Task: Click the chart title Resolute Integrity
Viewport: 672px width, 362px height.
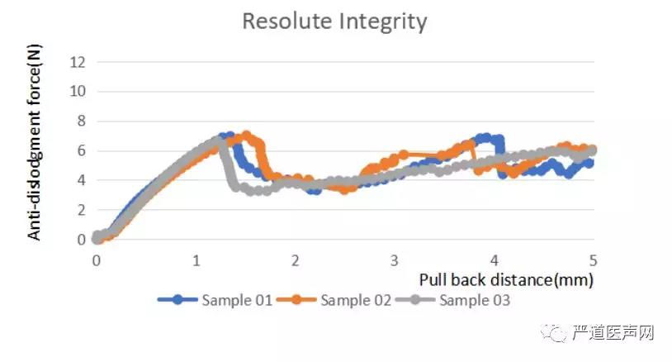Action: (x=334, y=21)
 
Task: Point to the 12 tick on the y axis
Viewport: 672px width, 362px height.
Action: (x=79, y=61)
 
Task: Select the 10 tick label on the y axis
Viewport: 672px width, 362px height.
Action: (x=79, y=91)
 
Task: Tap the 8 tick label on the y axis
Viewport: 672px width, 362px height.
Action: (x=81, y=121)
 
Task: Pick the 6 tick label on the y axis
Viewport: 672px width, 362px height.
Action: (x=81, y=150)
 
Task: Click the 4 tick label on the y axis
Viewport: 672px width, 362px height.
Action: (x=81, y=180)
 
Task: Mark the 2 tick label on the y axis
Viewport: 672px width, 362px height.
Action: (x=81, y=210)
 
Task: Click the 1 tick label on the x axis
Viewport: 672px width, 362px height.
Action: (x=196, y=260)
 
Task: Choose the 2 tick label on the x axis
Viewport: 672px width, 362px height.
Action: (x=296, y=260)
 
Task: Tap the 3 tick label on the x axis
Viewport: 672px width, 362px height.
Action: (x=395, y=260)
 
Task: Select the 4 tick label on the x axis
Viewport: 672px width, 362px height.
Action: (x=494, y=260)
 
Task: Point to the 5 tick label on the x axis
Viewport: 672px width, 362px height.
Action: (x=593, y=260)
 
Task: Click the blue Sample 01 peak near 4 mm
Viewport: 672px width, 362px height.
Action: (x=487, y=138)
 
